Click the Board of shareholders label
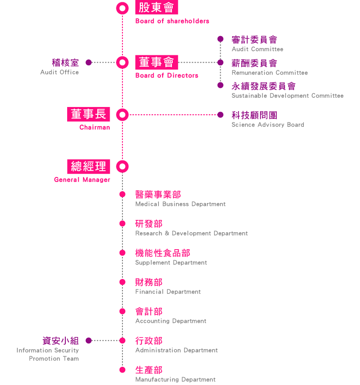click(x=172, y=21)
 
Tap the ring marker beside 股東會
click(x=122, y=8)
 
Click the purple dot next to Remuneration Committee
click(x=220, y=62)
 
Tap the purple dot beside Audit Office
click(x=89, y=62)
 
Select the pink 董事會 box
click(x=156, y=62)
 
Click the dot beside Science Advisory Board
click(x=220, y=114)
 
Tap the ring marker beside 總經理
click(x=122, y=166)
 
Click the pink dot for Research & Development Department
click(x=122, y=224)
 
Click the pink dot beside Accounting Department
click(x=122, y=311)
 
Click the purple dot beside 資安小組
click(x=89, y=340)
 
